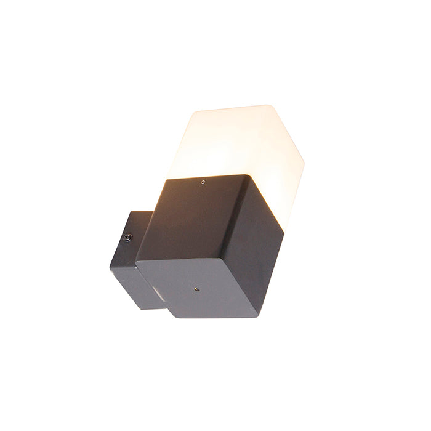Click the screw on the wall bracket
click(x=129, y=237)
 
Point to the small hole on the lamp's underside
click(x=196, y=288)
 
